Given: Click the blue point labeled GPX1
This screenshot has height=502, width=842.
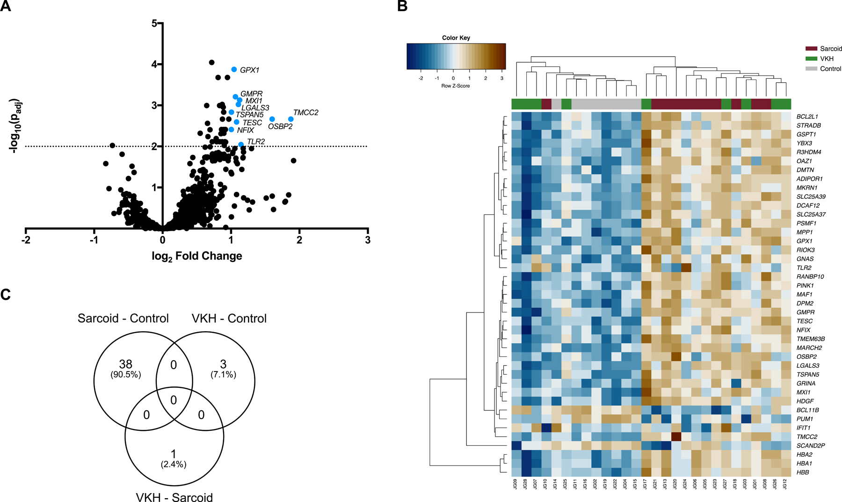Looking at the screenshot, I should (x=234, y=70).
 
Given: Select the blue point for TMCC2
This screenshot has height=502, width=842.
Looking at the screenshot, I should (x=290, y=119).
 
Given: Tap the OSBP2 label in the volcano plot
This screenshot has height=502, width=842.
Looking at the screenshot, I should (x=280, y=126).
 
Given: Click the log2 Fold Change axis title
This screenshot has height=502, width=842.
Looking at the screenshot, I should (x=197, y=256).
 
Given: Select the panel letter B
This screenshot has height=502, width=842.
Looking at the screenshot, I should (x=402, y=7).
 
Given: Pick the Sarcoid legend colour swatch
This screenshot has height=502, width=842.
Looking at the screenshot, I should (x=811, y=49).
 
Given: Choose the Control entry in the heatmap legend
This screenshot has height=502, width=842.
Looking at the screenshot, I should (x=830, y=69).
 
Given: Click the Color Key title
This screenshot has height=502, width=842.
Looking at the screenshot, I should (x=456, y=38).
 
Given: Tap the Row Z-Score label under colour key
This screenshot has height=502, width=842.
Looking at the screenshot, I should (x=456, y=86).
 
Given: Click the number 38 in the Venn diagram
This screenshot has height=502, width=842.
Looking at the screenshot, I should (x=125, y=364).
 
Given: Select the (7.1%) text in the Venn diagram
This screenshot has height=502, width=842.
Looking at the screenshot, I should (x=223, y=374).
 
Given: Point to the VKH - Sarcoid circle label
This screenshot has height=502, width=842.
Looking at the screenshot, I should (x=174, y=497).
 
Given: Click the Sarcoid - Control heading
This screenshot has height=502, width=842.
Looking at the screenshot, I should (x=123, y=318).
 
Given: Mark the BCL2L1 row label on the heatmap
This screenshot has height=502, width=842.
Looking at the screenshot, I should (x=807, y=116).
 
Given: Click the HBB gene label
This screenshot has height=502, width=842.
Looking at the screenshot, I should (x=803, y=472).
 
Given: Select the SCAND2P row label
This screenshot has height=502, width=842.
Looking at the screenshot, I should (x=810, y=445).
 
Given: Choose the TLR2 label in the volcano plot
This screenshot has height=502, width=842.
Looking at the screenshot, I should (x=256, y=142).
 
